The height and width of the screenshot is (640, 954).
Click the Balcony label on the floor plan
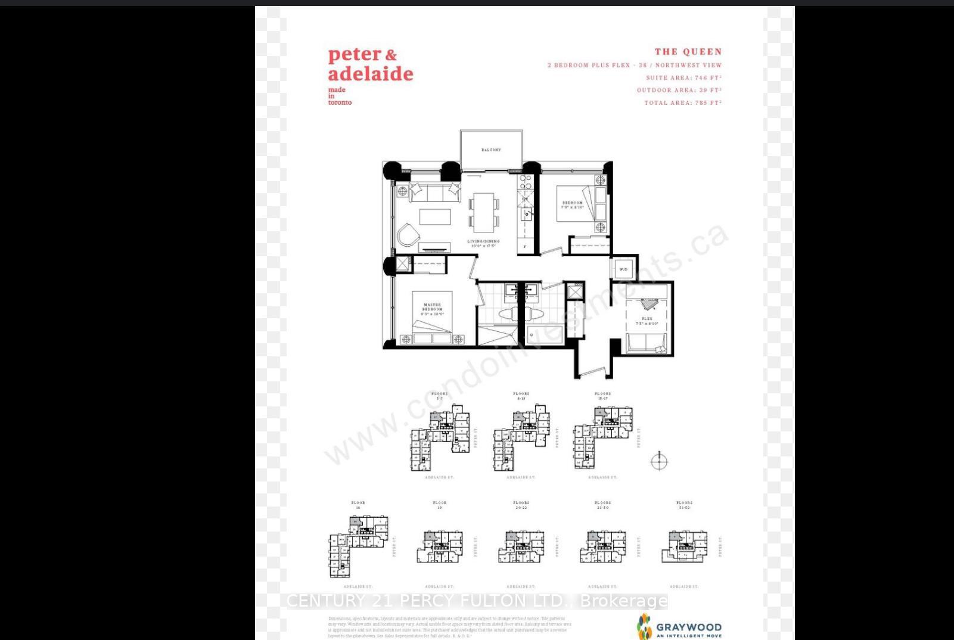point(491,150)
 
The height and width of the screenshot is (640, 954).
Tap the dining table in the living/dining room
point(483,212)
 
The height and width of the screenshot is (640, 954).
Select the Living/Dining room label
point(483,243)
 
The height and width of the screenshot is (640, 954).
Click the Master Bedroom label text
point(433,309)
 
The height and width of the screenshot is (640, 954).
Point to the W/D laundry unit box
point(623,269)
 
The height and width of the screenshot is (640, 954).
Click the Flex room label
point(647,321)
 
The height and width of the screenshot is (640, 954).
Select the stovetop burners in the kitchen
point(526,182)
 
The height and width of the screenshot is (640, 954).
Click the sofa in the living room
point(434,192)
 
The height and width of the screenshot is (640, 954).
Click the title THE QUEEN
point(688,52)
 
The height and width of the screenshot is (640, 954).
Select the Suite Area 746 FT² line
point(683,78)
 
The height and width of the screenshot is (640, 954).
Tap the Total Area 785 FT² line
point(682,103)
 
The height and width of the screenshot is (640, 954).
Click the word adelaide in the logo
point(370,74)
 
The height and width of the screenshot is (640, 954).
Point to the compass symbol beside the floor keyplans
point(659,461)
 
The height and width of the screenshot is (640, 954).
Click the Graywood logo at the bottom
point(679,627)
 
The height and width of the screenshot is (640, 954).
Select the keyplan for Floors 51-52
point(684,546)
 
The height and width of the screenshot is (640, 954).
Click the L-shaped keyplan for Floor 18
point(358,545)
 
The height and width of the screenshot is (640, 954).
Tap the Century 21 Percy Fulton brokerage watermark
point(477,601)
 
